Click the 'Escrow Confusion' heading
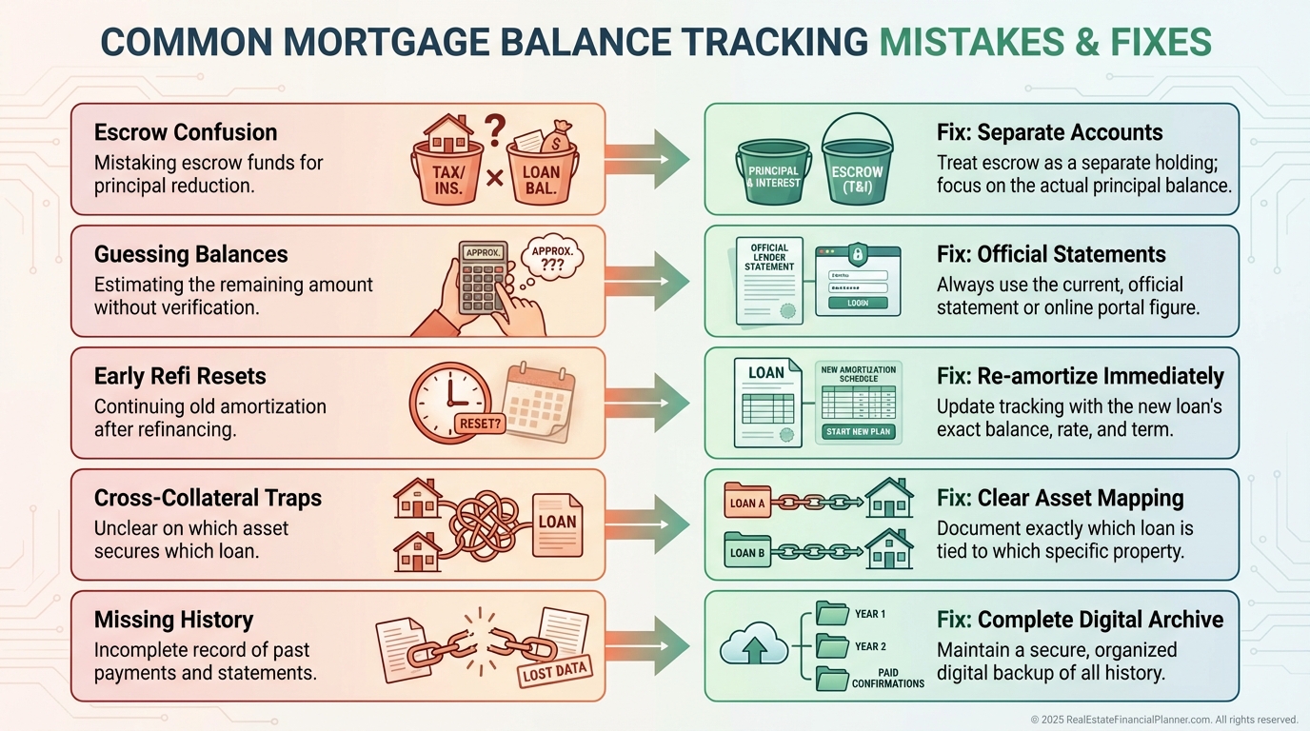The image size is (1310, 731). [186, 132]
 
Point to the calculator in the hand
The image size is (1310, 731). [483, 276]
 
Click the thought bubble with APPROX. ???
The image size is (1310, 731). [551, 258]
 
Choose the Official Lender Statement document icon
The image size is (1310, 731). [769, 280]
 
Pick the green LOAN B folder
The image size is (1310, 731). [748, 551]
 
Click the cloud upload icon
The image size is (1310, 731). [752, 647]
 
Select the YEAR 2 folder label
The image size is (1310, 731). [869, 646]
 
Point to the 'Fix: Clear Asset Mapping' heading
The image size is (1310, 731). [1060, 498]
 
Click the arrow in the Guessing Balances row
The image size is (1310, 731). [647, 280]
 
